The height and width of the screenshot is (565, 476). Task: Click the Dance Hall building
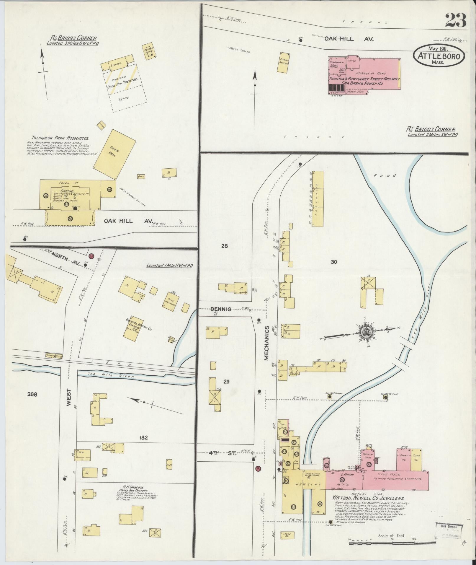coord(114,154)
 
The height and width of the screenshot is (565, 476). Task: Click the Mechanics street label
coord(266,343)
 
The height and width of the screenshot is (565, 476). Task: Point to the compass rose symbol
coord(366,332)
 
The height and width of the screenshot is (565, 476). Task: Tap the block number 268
coord(32,394)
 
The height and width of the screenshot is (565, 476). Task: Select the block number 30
coord(334,262)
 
